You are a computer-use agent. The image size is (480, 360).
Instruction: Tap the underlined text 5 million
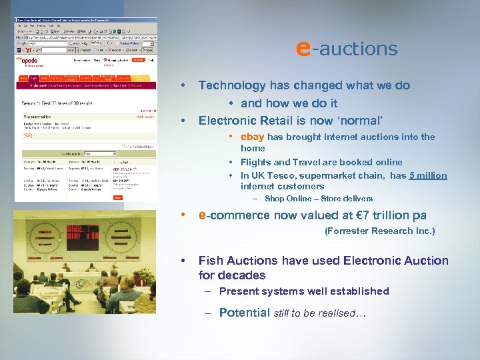point(428,175)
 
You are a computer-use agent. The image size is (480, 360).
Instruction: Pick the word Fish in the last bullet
point(211,261)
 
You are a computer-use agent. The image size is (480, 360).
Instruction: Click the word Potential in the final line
point(244,313)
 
